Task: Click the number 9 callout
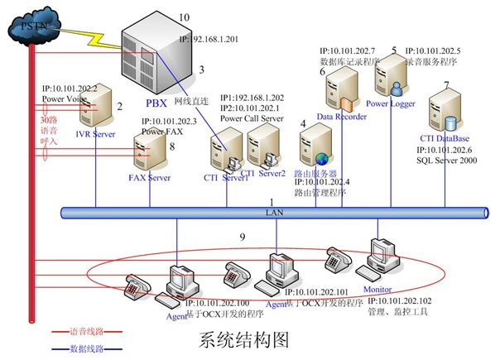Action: [242, 238]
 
